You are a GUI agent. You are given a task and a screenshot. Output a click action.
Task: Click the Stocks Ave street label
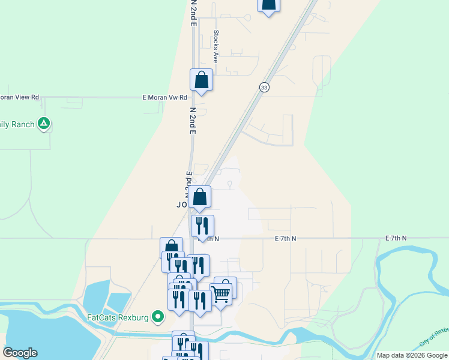pos(215,47)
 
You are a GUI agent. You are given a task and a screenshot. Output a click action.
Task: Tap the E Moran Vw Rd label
pos(165,97)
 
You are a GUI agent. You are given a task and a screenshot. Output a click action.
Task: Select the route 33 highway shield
pos(264,87)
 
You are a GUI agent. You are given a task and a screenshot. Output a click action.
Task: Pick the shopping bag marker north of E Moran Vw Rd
pos(201,80)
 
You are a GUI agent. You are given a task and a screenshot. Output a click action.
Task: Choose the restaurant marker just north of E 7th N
pos(202,226)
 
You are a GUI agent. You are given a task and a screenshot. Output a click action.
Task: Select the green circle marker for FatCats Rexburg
pos(158,316)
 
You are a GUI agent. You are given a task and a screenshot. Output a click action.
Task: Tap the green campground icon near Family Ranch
pos(43,124)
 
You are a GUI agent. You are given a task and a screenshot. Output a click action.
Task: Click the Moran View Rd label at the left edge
pos(19,97)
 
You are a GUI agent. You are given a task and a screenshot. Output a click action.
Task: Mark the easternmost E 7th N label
pos(396,238)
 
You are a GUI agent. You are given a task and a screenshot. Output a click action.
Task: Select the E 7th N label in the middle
pos(286,238)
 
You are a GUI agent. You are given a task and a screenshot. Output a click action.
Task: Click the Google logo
pos(20,353)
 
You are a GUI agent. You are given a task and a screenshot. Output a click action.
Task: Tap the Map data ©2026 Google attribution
pos(412,355)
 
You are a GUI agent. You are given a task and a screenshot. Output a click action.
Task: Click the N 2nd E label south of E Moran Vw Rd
pos(193,121)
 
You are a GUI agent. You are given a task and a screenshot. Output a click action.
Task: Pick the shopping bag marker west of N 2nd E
pos(171,248)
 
